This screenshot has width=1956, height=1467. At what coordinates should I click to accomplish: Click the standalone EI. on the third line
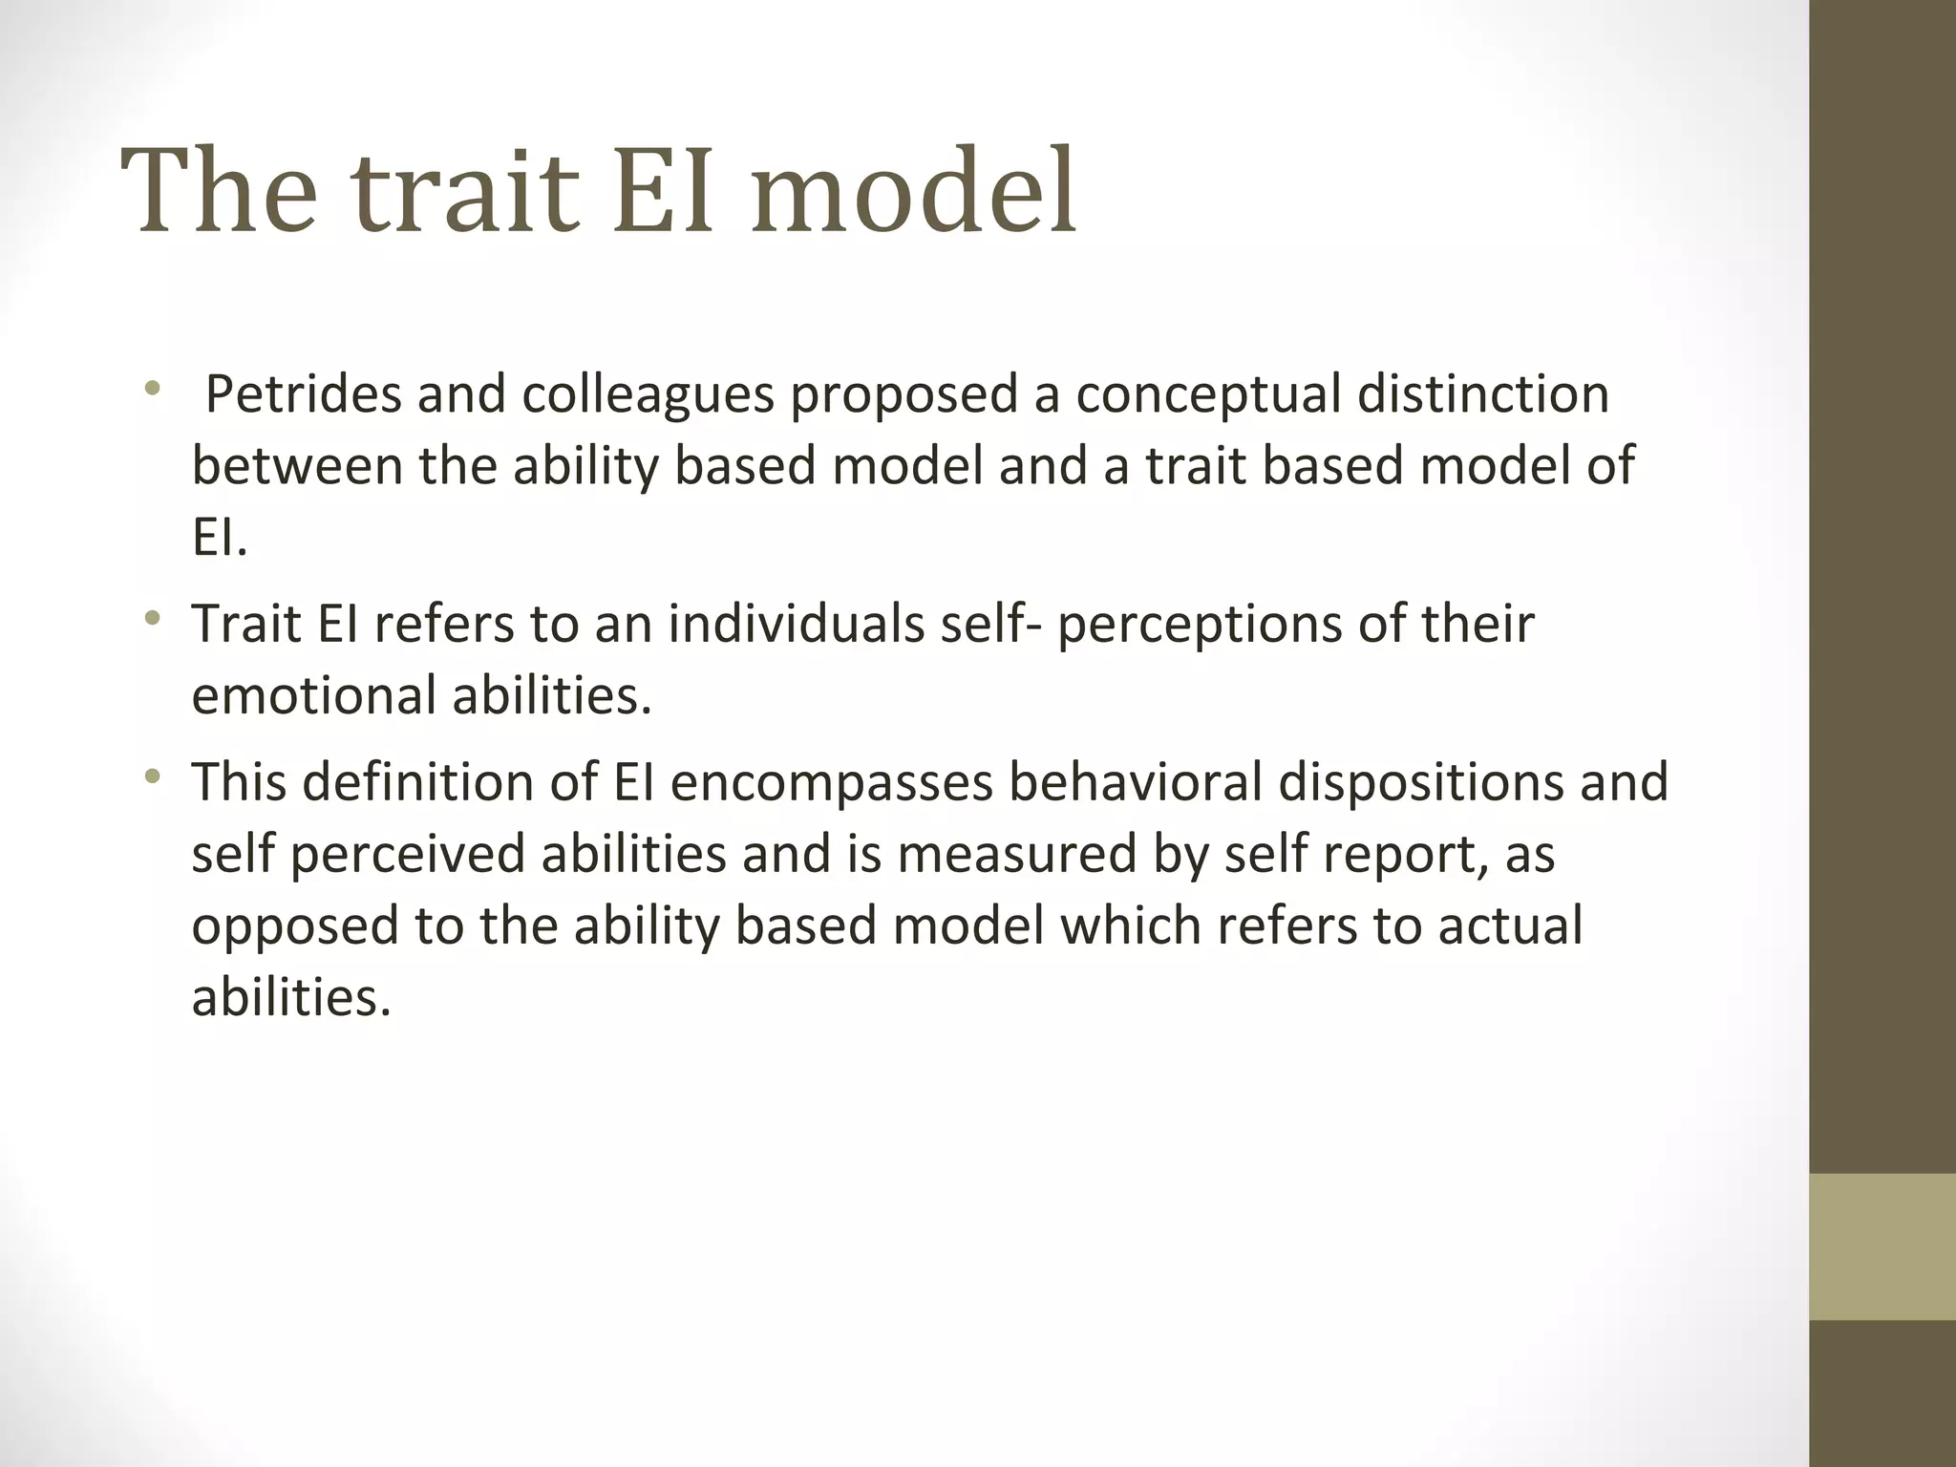tap(220, 539)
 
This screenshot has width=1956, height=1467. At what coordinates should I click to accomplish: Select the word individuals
tap(796, 624)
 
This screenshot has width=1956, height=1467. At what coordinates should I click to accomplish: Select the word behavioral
tap(1134, 781)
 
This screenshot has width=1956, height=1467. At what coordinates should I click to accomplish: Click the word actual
tap(1510, 925)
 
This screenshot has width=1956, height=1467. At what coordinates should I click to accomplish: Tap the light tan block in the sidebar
tap(1882, 1246)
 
